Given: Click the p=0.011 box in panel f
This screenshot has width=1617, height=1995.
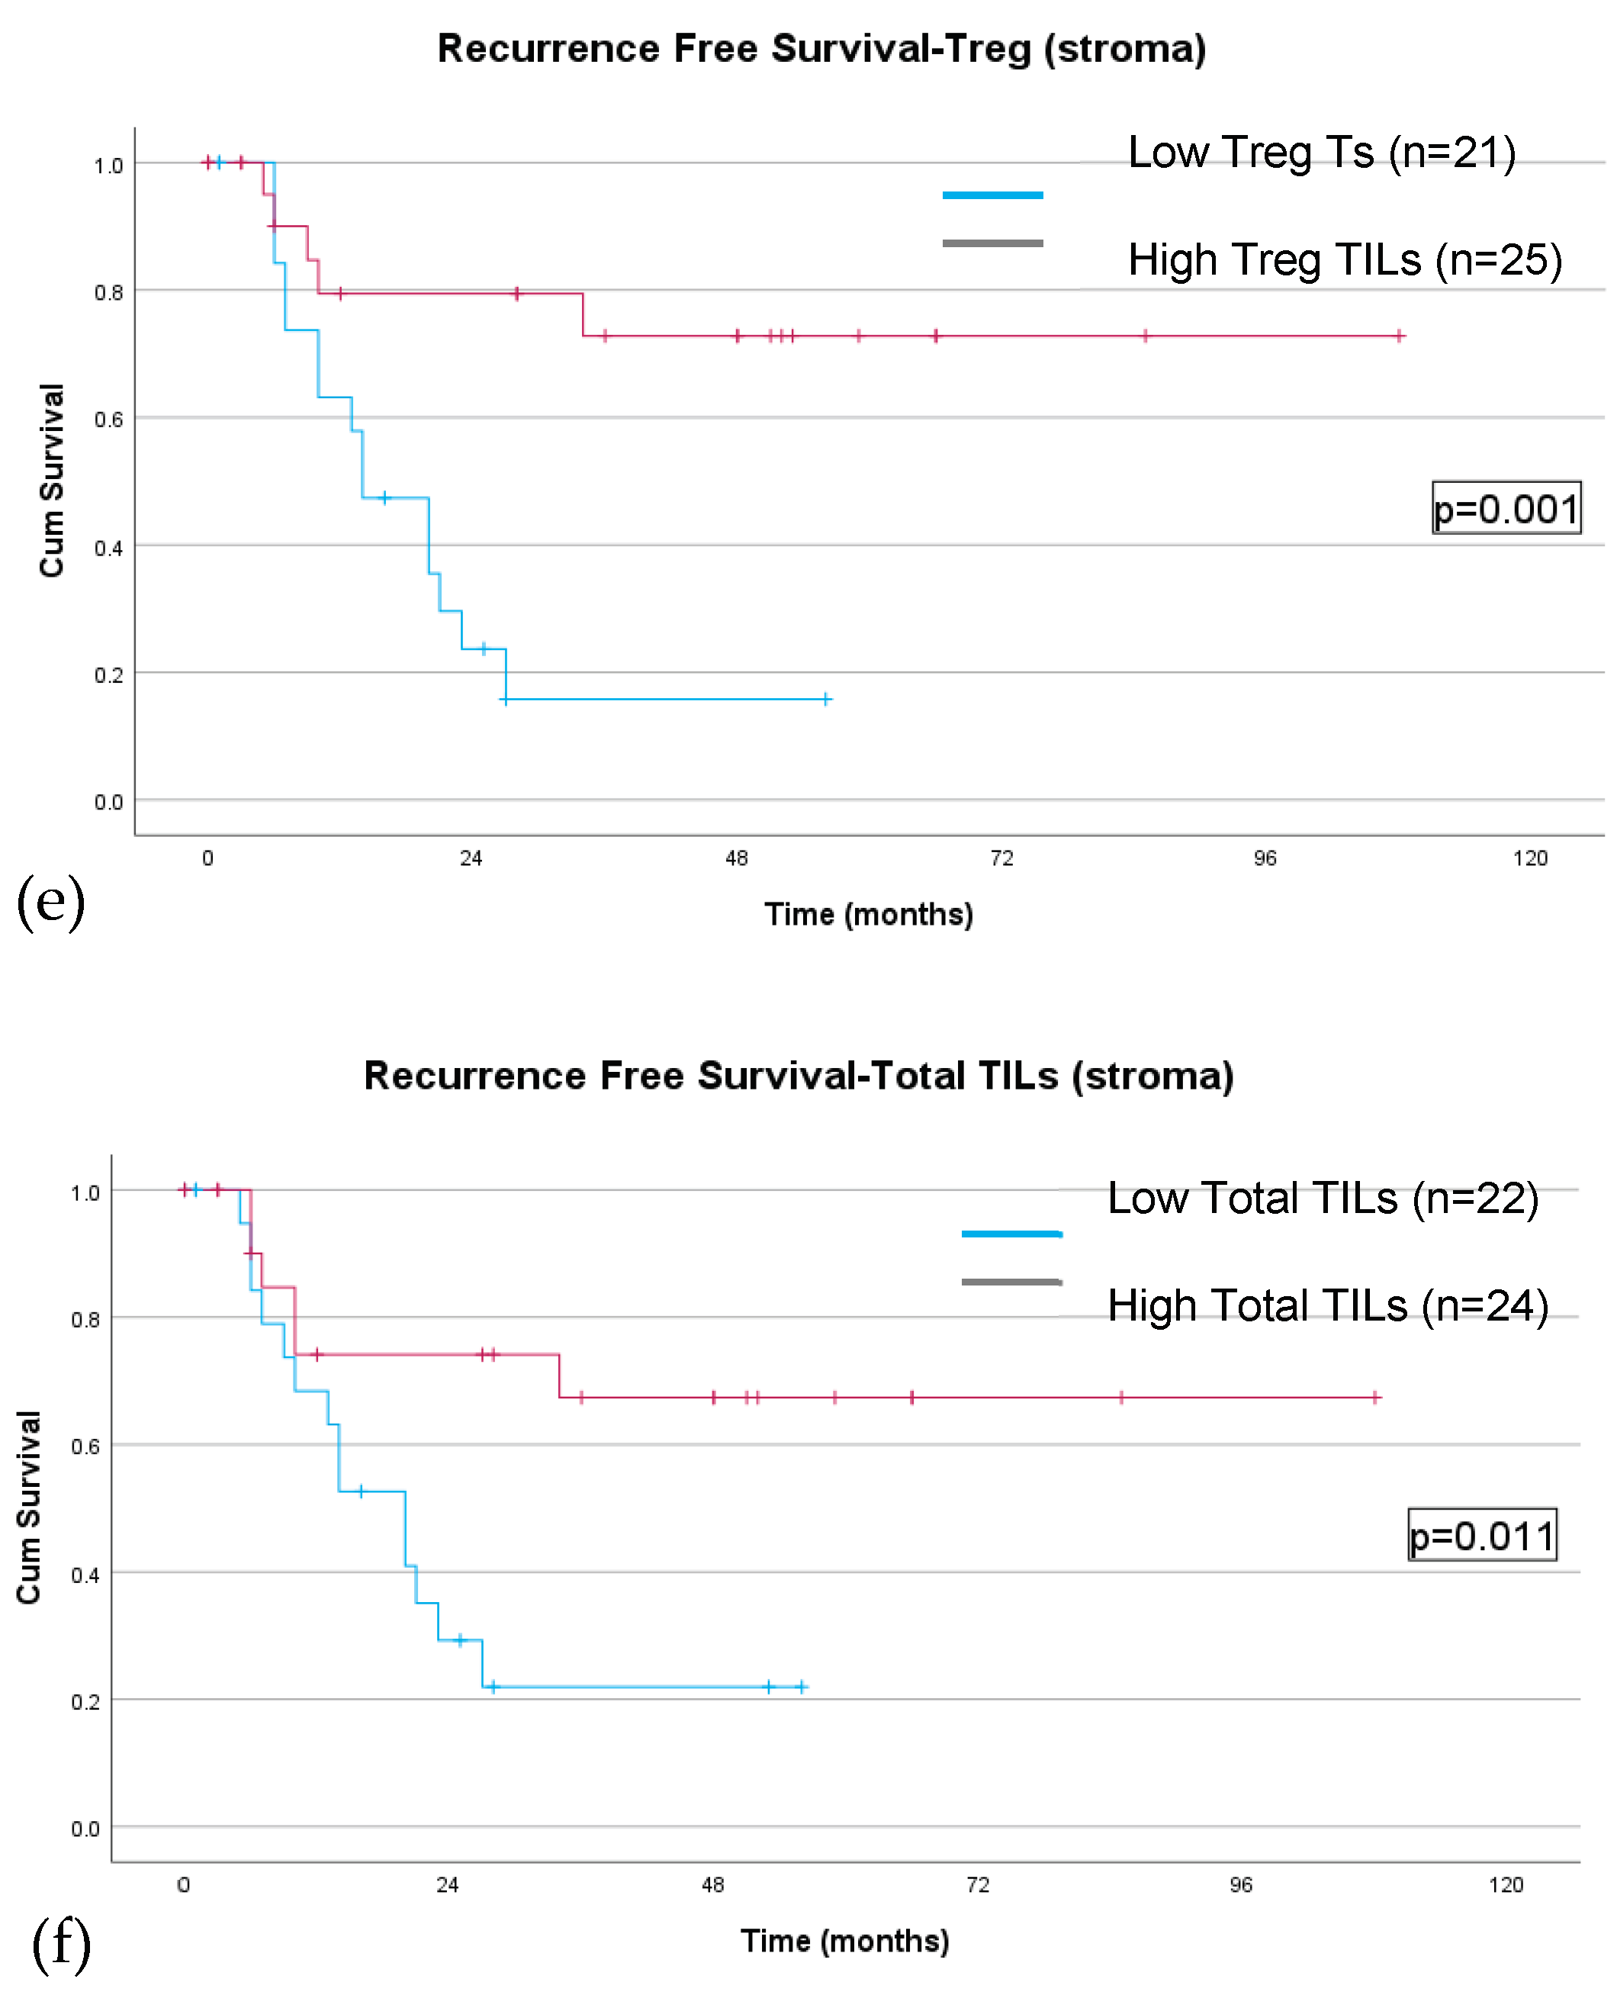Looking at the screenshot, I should pyautogui.click(x=1481, y=1535).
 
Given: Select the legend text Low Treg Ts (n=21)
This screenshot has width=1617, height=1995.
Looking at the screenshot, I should pyautogui.click(x=1321, y=152).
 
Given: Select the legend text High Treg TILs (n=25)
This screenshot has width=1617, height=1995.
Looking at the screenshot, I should pyautogui.click(x=1344, y=259).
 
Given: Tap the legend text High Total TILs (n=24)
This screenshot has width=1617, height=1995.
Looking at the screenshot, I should pyautogui.click(x=1327, y=1305).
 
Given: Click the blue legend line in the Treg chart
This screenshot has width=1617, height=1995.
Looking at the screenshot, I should pyautogui.click(x=992, y=195).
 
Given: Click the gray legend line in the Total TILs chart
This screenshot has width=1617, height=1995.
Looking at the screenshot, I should pyautogui.click(x=1011, y=1282).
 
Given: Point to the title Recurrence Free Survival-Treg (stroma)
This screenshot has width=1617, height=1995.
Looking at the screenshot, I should pyautogui.click(x=821, y=49).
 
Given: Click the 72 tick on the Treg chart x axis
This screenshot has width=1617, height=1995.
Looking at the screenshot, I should pyautogui.click(x=1001, y=858).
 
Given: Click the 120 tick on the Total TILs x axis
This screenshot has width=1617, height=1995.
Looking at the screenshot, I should pyautogui.click(x=1505, y=1885).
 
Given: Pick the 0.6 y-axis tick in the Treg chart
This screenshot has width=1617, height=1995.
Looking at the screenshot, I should pyautogui.click(x=108, y=420).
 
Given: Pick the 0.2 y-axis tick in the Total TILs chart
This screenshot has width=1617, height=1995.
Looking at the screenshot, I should pyautogui.click(x=85, y=1702).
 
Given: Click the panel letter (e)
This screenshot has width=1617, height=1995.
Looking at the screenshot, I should pyautogui.click(x=51, y=901).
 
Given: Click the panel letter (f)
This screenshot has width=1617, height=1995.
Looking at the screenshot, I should pyautogui.click(x=62, y=1945).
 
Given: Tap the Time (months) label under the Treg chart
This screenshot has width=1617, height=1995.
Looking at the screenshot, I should pyautogui.click(x=868, y=914).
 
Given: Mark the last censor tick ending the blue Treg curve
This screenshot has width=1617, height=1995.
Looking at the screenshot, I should pyautogui.click(x=826, y=699).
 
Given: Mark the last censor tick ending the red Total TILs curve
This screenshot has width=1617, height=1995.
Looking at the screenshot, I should pyautogui.click(x=1374, y=1397).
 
